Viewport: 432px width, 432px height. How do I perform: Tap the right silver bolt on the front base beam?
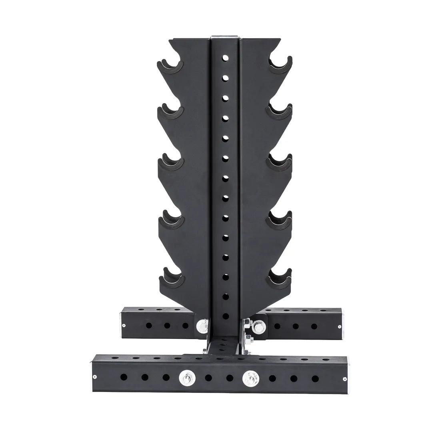[x=251, y=377]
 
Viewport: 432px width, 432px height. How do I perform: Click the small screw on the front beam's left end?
[x=95, y=376]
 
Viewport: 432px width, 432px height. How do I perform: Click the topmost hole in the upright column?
[x=225, y=58]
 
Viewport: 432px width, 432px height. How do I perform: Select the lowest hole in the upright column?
[x=225, y=316]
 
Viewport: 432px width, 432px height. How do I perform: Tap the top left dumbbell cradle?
[x=171, y=66]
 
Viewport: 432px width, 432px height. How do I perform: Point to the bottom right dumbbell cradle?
[x=280, y=277]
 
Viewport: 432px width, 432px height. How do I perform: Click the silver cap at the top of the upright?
[x=225, y=36]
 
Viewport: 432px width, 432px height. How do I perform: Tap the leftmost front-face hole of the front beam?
[x=124, y=377]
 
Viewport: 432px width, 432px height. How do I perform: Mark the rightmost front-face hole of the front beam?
[x=315, y=378]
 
